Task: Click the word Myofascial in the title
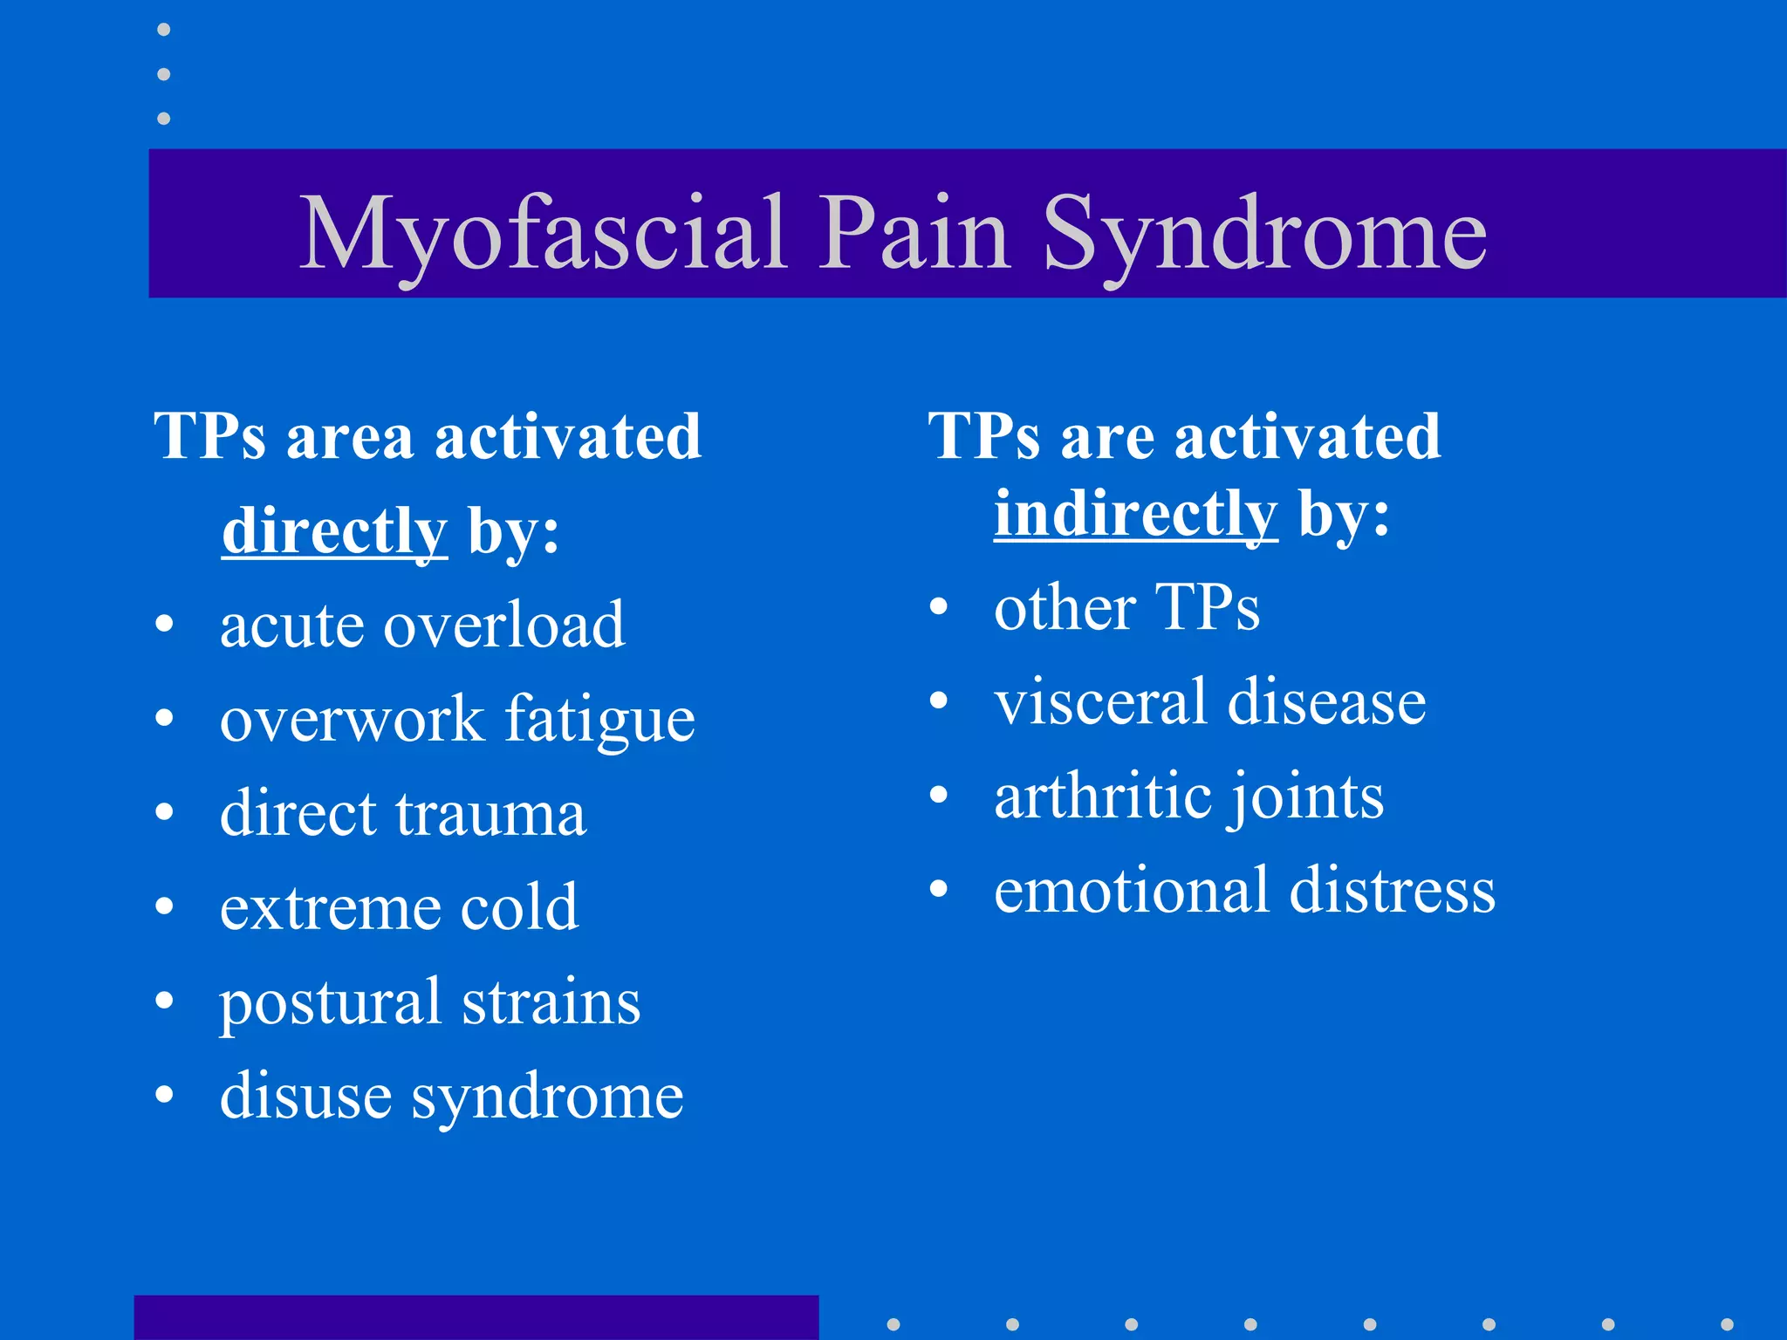(x=543, y=234)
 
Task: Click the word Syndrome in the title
(x=1264, y=234)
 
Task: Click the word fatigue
(x=600, y=721)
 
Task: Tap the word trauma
(x=490, y=814)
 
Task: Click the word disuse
(x=305, y=1096)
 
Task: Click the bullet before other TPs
(x=938, y=606)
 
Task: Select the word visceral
(x=1100, y=701)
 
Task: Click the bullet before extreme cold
(x=164, y=906)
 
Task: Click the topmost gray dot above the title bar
(x=163, y=30)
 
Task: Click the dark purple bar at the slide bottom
(x=476, y=1317)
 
